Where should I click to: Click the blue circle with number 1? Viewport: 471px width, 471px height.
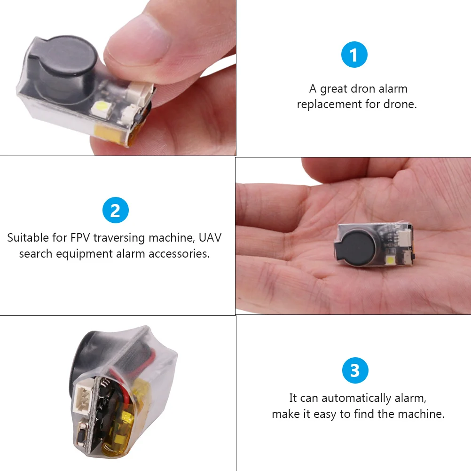(x=353, y=55)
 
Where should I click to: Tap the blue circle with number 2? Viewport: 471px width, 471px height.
(x=115, y=211)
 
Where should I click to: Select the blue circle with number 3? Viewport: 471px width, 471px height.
(x=355, y=370)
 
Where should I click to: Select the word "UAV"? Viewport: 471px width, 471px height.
(x=210, y=238)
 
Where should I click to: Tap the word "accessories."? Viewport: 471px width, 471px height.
(x=179, y=254)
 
